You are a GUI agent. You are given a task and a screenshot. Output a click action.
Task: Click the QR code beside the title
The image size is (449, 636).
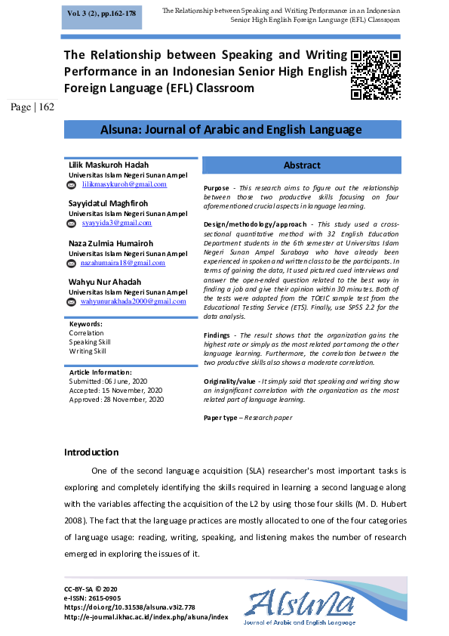coord(375,75)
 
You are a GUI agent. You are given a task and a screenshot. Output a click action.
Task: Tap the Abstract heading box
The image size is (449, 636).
coord(302,165)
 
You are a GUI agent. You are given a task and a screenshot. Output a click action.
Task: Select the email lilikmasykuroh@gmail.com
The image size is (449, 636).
coord(124,184)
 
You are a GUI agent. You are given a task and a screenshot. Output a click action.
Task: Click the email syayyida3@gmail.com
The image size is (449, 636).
coord(116,223)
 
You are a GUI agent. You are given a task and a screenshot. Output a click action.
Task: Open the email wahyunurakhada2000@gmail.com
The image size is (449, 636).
coord(133,301)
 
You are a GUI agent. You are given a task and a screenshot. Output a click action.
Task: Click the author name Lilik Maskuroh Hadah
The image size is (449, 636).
coord(109,165)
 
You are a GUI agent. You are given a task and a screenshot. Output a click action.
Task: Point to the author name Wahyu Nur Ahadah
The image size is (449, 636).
coord(106,282)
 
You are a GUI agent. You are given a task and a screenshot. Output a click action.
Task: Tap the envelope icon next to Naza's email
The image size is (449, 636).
coord(72,263)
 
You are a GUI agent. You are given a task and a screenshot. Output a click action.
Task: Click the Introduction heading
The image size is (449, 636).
coord(91,452)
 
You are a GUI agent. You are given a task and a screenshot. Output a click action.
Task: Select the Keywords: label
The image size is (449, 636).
coord(85,323)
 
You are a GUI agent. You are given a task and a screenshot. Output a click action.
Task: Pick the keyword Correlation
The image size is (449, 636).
coord(87,333)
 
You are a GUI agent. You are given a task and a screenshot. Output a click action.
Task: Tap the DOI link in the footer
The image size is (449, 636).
coord(130,607)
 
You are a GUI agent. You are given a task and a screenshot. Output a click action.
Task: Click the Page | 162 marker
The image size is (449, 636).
coord(32,107)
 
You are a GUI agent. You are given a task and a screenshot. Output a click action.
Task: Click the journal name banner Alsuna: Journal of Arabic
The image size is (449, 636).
coord(231,130)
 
